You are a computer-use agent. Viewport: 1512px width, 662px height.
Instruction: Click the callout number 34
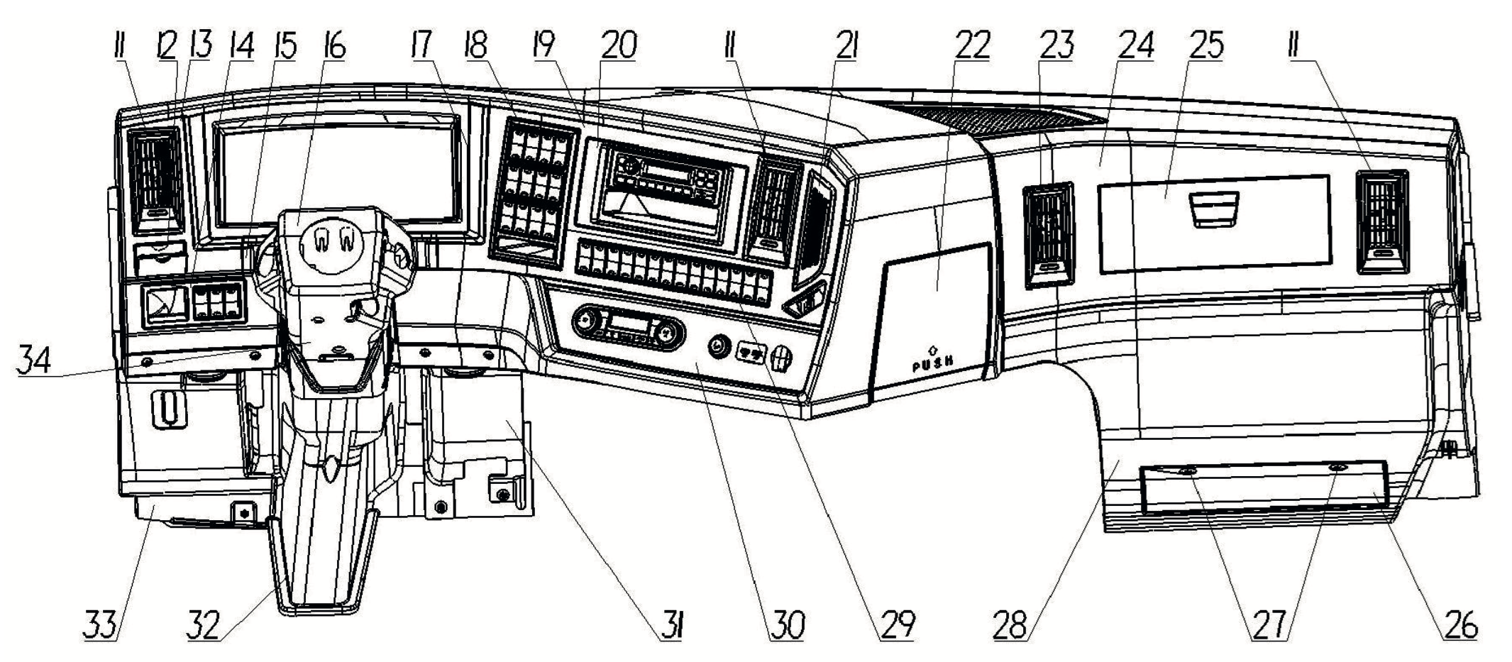click(34, 359)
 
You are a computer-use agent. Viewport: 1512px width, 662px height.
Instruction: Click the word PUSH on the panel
click(932, 365)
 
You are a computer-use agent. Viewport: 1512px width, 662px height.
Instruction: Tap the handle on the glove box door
click(1215, 209)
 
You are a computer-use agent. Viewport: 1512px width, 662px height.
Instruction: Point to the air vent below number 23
click(1049, 234)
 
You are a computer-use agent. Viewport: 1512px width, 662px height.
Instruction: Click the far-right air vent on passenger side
click(1381, 220)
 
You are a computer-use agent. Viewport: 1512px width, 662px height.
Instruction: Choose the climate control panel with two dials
click(627, 326)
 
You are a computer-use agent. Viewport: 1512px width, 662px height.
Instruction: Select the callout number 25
click(1206, 45)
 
